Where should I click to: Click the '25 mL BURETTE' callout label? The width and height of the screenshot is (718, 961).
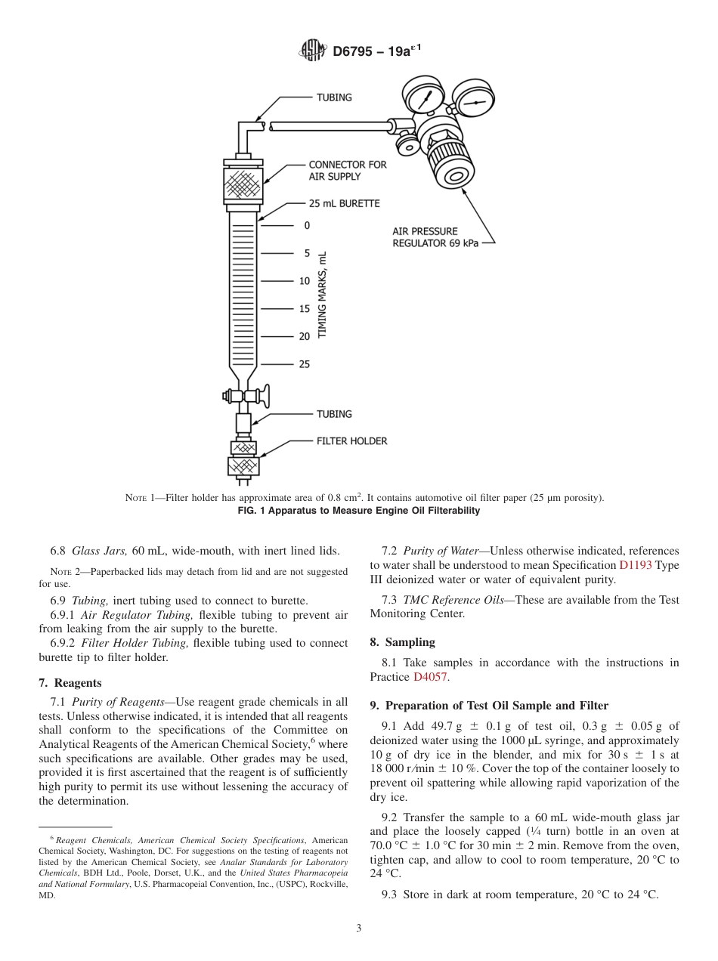click(x=344, y=203)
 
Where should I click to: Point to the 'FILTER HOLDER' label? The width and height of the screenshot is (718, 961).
click(x=351, y=440)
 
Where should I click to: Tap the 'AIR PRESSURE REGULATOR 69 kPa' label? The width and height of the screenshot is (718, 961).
click(x=435, y=237)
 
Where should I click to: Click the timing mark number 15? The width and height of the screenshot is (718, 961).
click(x=304, y=308)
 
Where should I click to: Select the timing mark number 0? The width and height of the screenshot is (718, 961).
click(x=307, y=225)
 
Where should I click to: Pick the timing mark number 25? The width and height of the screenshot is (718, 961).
click(x=304, y=364)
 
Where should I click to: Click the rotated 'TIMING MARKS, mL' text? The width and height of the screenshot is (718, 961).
click(x=323, y=295)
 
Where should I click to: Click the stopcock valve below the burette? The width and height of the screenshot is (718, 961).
click(x=243, y=395)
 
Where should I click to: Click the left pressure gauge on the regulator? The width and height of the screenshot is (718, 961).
click(x=423, y=96)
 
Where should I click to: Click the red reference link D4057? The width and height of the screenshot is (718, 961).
click(x=430, y=677)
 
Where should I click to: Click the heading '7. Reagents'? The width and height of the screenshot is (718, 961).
click(x=70, y=682)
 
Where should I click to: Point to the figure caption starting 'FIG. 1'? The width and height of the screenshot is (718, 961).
click(x=358, y=511)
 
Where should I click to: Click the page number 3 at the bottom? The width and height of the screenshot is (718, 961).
click(x=358, y=928)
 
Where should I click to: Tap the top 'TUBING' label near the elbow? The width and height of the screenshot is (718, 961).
click(x=333, y=97)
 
